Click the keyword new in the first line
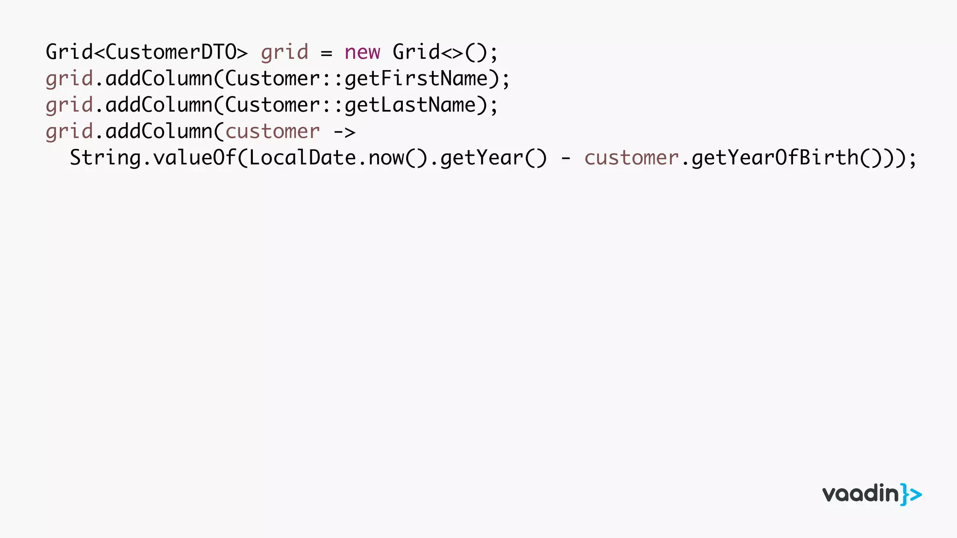[362, 52]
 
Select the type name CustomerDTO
[171, 52]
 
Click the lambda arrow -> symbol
[344, 132]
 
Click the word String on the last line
[105, 158]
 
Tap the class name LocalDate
[302, 158]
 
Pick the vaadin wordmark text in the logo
[860, 494]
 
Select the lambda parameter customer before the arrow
[272, 132]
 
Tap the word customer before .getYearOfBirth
[631, 158]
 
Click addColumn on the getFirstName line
[159, 79]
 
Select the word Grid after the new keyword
[416, 52]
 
